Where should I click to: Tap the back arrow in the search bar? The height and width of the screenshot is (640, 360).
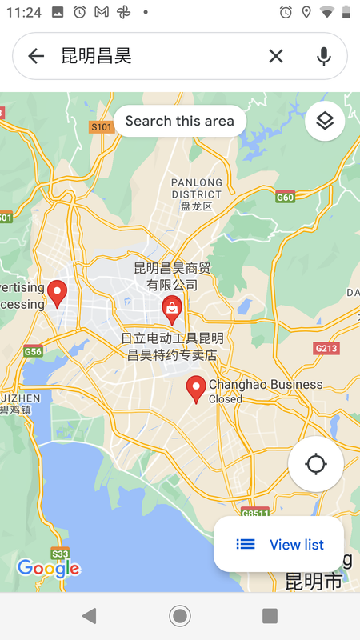pyautogui.click(x=36, y=56)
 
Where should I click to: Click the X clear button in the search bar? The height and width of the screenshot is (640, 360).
pyautogui.click(x=275, y=56)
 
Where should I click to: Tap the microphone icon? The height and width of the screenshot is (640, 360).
pyautogui.click(x=324, y=56)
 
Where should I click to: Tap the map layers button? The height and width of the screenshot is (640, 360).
pyautogui.click(x=324, y=122)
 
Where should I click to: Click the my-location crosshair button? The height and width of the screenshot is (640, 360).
pyautogui.click(x=316, y=464)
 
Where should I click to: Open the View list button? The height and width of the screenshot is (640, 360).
pyautogui.click(x=280, y=545)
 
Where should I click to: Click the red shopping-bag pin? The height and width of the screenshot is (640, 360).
pyautogui.click(x=172, y=308)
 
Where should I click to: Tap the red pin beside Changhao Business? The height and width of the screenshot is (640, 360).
pyautogui.click(x=196, y=390)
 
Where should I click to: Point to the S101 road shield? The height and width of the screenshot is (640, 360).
pyautogui.click(x=101, y=127)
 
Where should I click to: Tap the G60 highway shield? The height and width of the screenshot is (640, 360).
pyautogui.click(x=285, y=197)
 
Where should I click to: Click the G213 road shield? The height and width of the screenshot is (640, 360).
pyautogui.click(x=326, y=348)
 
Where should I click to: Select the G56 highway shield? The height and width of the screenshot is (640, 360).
pyautogui.click(x=33, y=351)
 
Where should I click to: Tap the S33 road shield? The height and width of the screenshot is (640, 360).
pyautogui.click(x=60, y=553)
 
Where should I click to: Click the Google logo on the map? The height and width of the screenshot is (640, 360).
pyautogui.click(x=48, y=569)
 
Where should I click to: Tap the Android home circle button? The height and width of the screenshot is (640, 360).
pyautogui.click(x=180, y=615)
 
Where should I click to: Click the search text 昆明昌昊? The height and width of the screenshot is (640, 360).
pyautogui.click(x=96, y=56)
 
